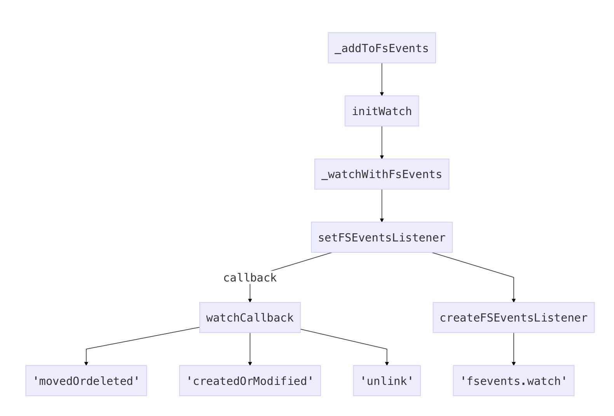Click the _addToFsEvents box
(382, 48)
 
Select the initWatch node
(382, 111)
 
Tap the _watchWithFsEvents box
(382, 174)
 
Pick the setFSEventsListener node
(382, 237)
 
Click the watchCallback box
(250, 318)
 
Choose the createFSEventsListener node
(513, 318)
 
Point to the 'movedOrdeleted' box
(86, 381)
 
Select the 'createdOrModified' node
(250, 381)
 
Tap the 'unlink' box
(387, 381)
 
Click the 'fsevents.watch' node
(513, 381)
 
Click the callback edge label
(250, 278)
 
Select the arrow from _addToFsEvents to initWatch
(382, 80)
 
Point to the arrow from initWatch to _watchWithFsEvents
(382, 143)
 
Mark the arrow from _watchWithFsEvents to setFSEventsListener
(382, 206)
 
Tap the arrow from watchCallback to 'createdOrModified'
(250, 349)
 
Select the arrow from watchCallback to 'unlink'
(354, 341)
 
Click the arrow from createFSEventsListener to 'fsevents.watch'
(513, 349)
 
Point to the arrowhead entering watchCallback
(250, 301)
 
